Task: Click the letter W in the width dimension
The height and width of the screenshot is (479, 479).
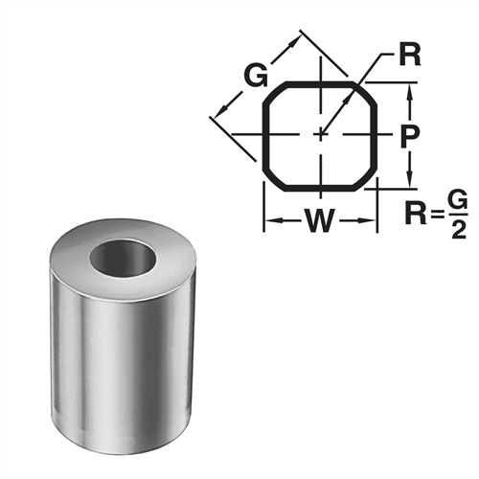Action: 319,223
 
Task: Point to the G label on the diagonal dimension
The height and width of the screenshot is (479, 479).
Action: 255,76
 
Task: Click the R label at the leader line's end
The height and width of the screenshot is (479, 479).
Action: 409,54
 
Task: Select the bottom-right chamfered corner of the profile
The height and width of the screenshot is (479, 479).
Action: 366,176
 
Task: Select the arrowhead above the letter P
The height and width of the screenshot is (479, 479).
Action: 409,91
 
